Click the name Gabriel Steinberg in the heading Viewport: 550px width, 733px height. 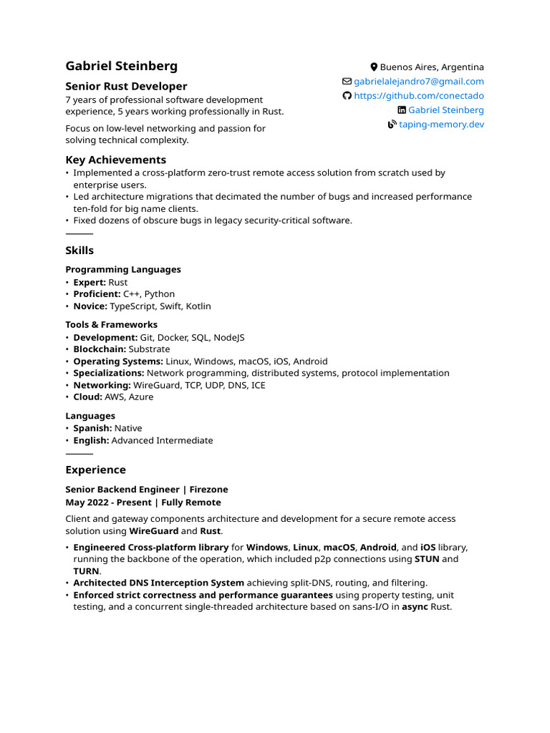coord(122,66)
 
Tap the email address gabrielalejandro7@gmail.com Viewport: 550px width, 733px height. coord(419,82)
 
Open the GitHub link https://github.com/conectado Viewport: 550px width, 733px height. coord(419,96)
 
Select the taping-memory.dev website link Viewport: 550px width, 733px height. coord(441,125)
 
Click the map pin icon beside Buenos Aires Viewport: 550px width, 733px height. coord(374,67)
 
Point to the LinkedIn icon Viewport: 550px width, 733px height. coord(402,110)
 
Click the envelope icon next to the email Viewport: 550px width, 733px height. coord(347,82)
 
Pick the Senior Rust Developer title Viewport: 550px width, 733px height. coord(126,86)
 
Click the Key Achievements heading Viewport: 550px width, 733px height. coord(115,160)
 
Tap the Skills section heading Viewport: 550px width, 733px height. coord(79,251)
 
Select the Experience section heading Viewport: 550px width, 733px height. coord(95,470)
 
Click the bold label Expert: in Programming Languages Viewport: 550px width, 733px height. coord(90,282)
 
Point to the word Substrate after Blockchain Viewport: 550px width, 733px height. coord(149,349)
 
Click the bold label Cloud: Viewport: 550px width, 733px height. coord(87,397)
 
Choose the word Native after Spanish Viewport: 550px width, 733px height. coord(128,428)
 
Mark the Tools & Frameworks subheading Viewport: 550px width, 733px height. coord(111,324)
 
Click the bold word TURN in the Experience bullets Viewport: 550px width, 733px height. coord(86,571)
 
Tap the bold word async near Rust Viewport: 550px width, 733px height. coord(415,607)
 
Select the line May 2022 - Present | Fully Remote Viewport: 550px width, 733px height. coord(143,503)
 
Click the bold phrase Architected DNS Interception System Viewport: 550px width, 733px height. coord(158,583)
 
